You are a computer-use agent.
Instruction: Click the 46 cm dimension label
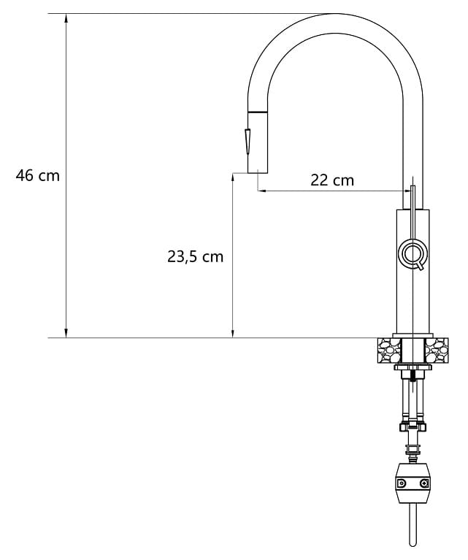pyautogui.click(x=37, y=176)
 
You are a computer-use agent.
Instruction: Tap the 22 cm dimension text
pyautogui.click(x=332, y=180)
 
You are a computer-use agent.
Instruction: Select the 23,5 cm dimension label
pyautogui.click(x=195, y=256)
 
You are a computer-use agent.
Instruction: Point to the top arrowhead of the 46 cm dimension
pyautogui.click(x=66, y=18)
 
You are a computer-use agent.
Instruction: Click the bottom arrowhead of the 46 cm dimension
pyautogui.click(x=66, y=333)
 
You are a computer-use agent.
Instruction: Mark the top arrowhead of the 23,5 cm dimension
pyautogui.click(x=233, y=178)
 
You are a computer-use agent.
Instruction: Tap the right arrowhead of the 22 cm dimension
pyautogui.click(x=408, y=191)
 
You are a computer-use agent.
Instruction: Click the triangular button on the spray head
pyautogui.click(x=248, y=141)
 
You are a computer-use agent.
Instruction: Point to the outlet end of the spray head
pyautogui.click(x=258, y=173)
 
